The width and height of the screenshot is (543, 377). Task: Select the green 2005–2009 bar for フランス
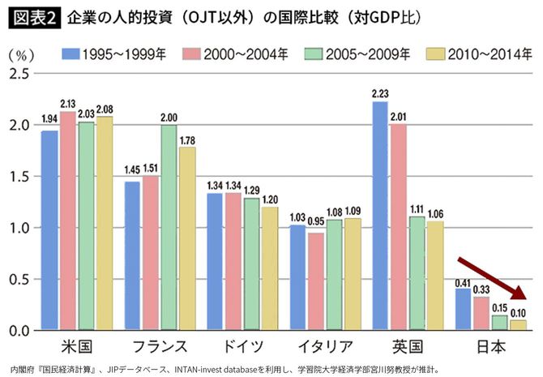[x=169, y=228]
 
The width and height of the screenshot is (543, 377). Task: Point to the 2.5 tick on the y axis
[x=19, y=74]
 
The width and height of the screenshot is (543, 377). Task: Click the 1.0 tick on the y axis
[x=19, y=228]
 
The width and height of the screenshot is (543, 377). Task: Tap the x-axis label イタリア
[x=325, y=347]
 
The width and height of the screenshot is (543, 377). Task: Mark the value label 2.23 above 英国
[x=378, y=94]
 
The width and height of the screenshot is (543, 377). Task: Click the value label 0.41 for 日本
[x=463, y=282]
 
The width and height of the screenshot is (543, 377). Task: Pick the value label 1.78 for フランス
[x=187, y=140]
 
